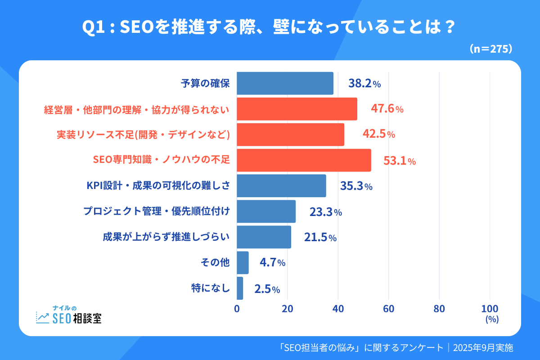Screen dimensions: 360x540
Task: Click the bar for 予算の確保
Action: coord(285,83)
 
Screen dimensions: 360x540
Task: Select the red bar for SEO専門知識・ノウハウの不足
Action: coord(304,160)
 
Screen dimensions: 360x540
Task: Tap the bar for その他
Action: coord(243,263)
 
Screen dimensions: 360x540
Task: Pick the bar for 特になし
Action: coord(240,288)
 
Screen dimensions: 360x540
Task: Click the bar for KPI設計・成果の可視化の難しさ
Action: coord(281,186)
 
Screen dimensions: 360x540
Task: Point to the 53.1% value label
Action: coord(399,161)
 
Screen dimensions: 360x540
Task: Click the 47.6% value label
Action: coord(387,109)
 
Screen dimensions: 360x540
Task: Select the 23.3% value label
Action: coord(325,212)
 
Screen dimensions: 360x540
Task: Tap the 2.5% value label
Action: coord(267,289)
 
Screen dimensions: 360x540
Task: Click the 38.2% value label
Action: coord(364,83)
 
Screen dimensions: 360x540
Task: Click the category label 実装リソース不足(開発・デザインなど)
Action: coord(144,135)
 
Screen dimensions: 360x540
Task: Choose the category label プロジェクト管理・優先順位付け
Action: coord(157,211)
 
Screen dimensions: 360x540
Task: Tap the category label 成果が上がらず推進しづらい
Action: coord(166,237)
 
